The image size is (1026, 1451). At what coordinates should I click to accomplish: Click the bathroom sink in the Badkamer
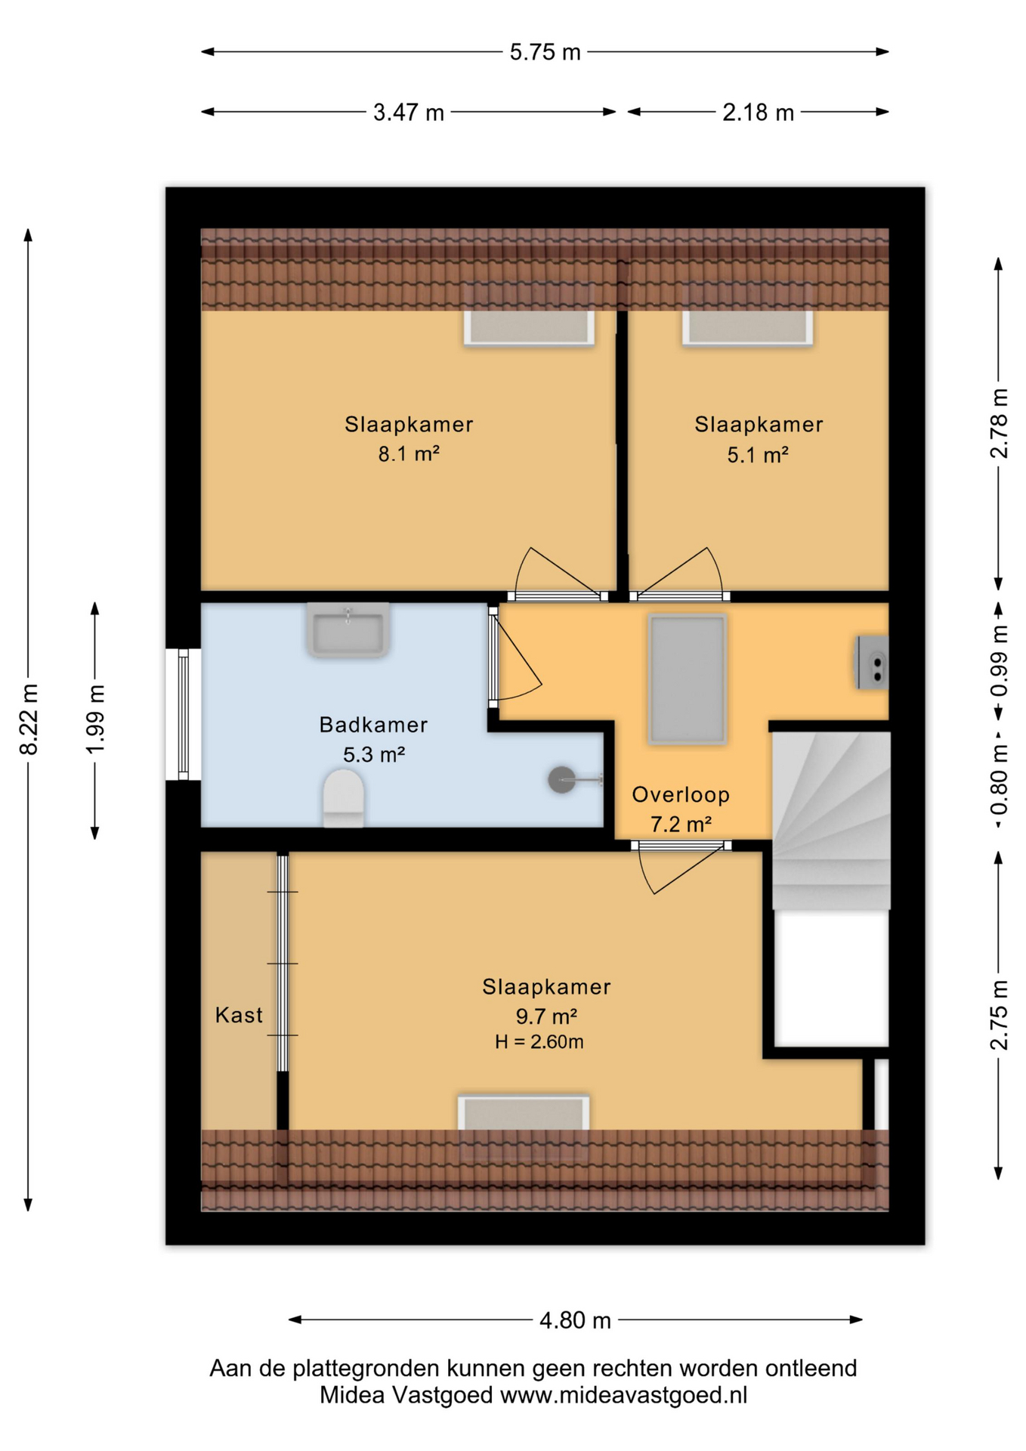pyautogui.click(x=348, y=629)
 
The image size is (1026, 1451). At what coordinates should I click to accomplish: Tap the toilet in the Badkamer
pyautogui.click(x=344, y=798)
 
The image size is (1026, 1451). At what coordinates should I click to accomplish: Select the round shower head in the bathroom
pyautogui.click(x=561, y=780)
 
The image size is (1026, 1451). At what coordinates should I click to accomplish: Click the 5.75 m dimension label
pyautogui.click(x=545, y=52)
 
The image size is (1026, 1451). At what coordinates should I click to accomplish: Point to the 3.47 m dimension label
pyautogui.click(x=409, y=113)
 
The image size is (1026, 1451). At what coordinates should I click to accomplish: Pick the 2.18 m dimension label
pyautogui.click(x=758, y=113)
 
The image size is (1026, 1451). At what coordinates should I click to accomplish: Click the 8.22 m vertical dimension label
pyautogui.click(x=29, y=719)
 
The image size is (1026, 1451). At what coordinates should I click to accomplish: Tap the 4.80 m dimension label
pyautogui.click(x=575, y=1320)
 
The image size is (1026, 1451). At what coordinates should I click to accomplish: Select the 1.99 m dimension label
pyautogui.click(x=95, y=719)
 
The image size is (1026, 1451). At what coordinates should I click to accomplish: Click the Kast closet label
pyautogui.click(x=239, y=1015)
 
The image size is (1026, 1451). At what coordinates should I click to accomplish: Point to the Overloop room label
pyautogui.click(x=681, y=794)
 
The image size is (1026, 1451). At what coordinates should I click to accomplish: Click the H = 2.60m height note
pyautogui.click(x=539, y=1042)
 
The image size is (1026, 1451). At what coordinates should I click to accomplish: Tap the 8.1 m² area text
pyautogui.click(x=409, y=453)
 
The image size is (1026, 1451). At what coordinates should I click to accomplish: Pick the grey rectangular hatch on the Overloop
pyautogui.click(x=688, y=679)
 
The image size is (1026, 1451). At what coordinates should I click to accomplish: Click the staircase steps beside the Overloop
pyautogui.click(x=831, y=821)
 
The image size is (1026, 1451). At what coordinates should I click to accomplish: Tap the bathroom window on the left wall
pyautogui.click(x=184, y=714)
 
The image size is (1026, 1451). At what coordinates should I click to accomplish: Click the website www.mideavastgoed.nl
pyautogui.click(x=624, y=1395)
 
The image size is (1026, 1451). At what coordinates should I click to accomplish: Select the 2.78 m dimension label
pyautogui.click(x=999, y=422)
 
